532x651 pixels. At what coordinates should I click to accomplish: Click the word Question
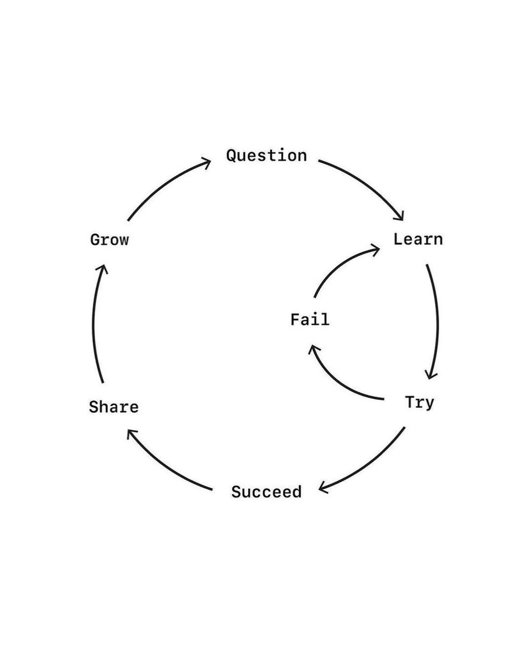pyautogui.click(x=266, y=156)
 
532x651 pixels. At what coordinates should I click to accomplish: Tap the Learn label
pyautogui.click(x=418, y=239)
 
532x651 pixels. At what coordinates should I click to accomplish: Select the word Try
pyautogui.click(x=419, y=403)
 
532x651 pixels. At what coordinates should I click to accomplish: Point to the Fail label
pyautogui.click(x=309, y=320)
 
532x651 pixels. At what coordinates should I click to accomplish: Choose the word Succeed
pyautogui.click(x=266, y=492)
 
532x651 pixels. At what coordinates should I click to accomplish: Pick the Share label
pyautogui.click(x=114, y=407)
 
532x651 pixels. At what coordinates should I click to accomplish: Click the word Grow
pyautogui.click(x=109, y=239)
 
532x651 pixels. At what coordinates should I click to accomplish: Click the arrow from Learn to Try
pyautogui.click(x=436, y=320)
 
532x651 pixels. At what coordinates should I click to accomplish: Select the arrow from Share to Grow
pyautogui.click(x=94, y=325)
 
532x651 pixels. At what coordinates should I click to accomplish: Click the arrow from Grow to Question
pyautogui.click(x=163, y=184)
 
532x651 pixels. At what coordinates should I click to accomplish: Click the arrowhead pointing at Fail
pyautogui.click(x=312, y=349)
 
